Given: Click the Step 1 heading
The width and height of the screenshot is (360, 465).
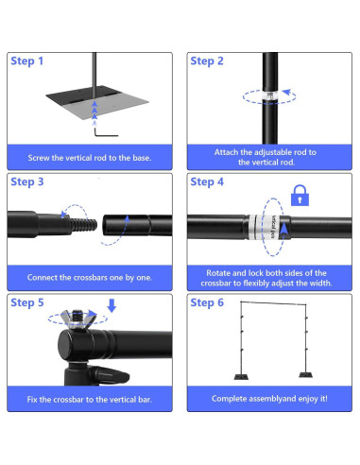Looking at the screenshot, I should click(x=27, y=61).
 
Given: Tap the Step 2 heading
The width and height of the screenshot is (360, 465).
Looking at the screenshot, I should click(x=208, y=61).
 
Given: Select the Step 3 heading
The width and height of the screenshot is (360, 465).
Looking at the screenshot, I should click(x=27, y=182).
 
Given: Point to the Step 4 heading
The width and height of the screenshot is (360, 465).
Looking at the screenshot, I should click(x=208, y=182).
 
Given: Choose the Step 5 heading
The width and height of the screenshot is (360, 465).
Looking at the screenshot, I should click(x=27, y=303).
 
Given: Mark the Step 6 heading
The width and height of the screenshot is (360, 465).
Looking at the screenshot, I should click(x=208, y=303).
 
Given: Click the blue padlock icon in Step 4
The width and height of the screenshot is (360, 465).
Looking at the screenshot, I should click(x=300, y=197).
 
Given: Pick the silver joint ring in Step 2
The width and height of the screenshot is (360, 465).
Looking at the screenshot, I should click(x=268, y=95).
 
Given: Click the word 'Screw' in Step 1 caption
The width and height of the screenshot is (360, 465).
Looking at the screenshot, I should click(x=46, y=157).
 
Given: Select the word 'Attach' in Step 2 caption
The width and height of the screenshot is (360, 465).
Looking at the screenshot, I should click(x=229, y=151).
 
